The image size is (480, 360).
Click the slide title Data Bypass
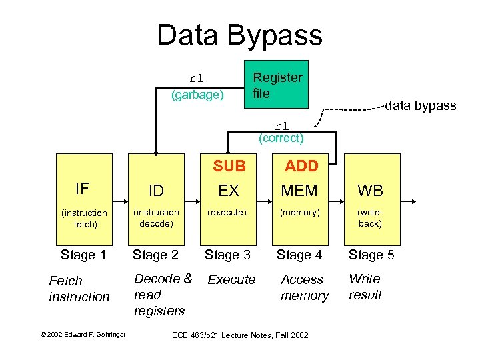(239, 35)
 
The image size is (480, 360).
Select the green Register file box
(277, 85)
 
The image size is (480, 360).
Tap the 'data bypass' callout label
(421, 105)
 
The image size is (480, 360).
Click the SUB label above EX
(229, 165)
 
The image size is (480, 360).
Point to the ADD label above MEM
(301, 165)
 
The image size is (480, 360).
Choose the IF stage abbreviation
(82, 189)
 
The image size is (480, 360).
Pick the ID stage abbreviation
(156, 191)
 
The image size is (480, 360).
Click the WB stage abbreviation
(370, 191)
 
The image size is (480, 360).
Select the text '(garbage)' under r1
(197, 95)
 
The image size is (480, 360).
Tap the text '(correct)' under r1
(281, 139)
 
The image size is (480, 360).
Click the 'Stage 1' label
(83, 255)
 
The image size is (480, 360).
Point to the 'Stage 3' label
(227, 255)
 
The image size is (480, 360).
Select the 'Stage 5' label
(371, 255)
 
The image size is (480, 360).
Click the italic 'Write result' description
(365, 287)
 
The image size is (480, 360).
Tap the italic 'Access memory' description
(304, 287)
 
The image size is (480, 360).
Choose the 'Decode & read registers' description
(162, 295)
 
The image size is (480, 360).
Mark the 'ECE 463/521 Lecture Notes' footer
(239, 335)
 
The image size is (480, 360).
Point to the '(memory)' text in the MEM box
(300, 213)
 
